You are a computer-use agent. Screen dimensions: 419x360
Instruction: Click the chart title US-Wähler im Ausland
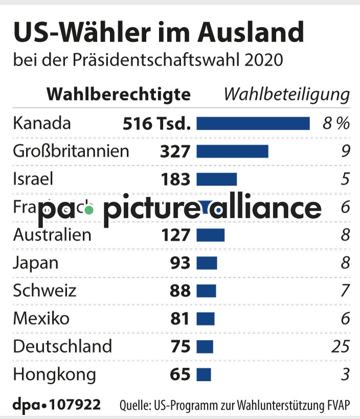pos(158,33)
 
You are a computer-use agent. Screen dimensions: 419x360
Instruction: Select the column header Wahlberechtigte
pos(119,95)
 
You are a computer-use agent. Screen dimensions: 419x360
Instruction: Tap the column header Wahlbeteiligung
pos(287,95)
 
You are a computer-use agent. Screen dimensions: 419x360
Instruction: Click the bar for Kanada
pos(253,124)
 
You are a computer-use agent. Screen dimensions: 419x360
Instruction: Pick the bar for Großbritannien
pos(232,151)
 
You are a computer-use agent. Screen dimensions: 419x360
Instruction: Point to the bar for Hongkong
pos(204,375)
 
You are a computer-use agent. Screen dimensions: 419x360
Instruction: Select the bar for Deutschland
pos(205,346)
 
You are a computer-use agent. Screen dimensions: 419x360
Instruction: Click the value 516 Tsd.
pos(156,124)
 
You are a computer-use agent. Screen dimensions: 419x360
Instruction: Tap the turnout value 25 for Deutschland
pos(340,346)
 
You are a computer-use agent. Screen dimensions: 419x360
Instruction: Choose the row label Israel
pos(33,179)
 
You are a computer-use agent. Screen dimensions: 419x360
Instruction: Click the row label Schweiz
pos(44,291)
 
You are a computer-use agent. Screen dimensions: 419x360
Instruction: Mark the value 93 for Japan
pos(180,263)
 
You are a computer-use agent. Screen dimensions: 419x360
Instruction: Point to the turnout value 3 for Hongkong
pos(345,375)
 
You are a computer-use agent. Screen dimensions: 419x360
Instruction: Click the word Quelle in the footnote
pos(134,406)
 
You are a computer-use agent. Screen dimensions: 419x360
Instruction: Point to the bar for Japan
pos(207,263)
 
